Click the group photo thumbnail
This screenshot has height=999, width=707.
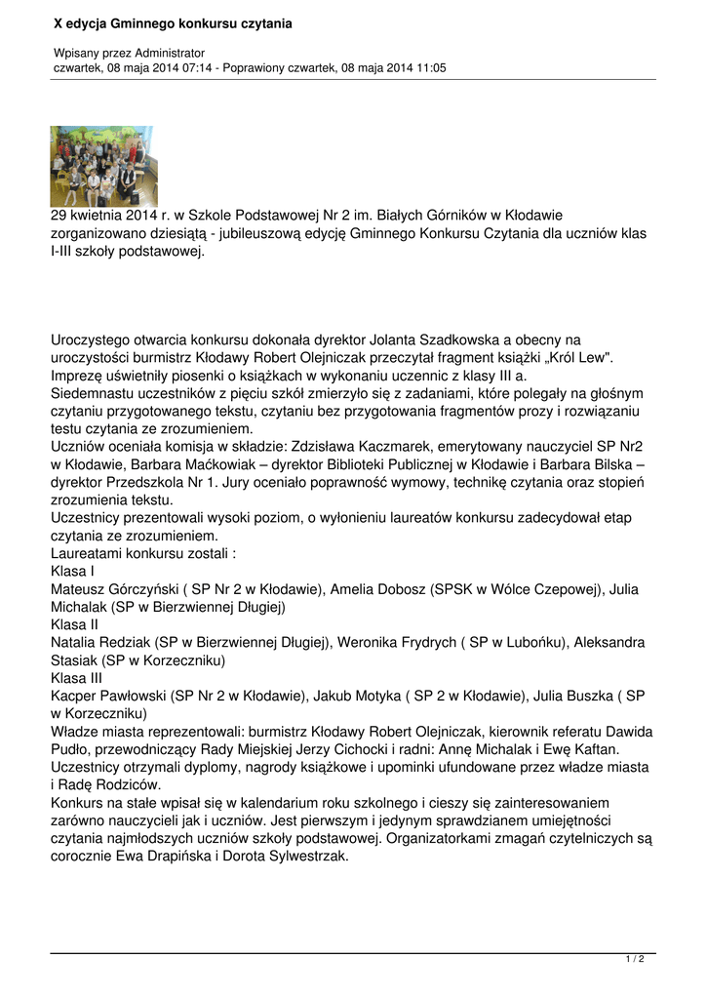tap(103, 166)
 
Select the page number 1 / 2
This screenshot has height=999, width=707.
tap(634, 960)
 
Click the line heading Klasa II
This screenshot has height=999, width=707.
tap(75, 624)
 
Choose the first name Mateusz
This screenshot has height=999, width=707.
tap(81, 588)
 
